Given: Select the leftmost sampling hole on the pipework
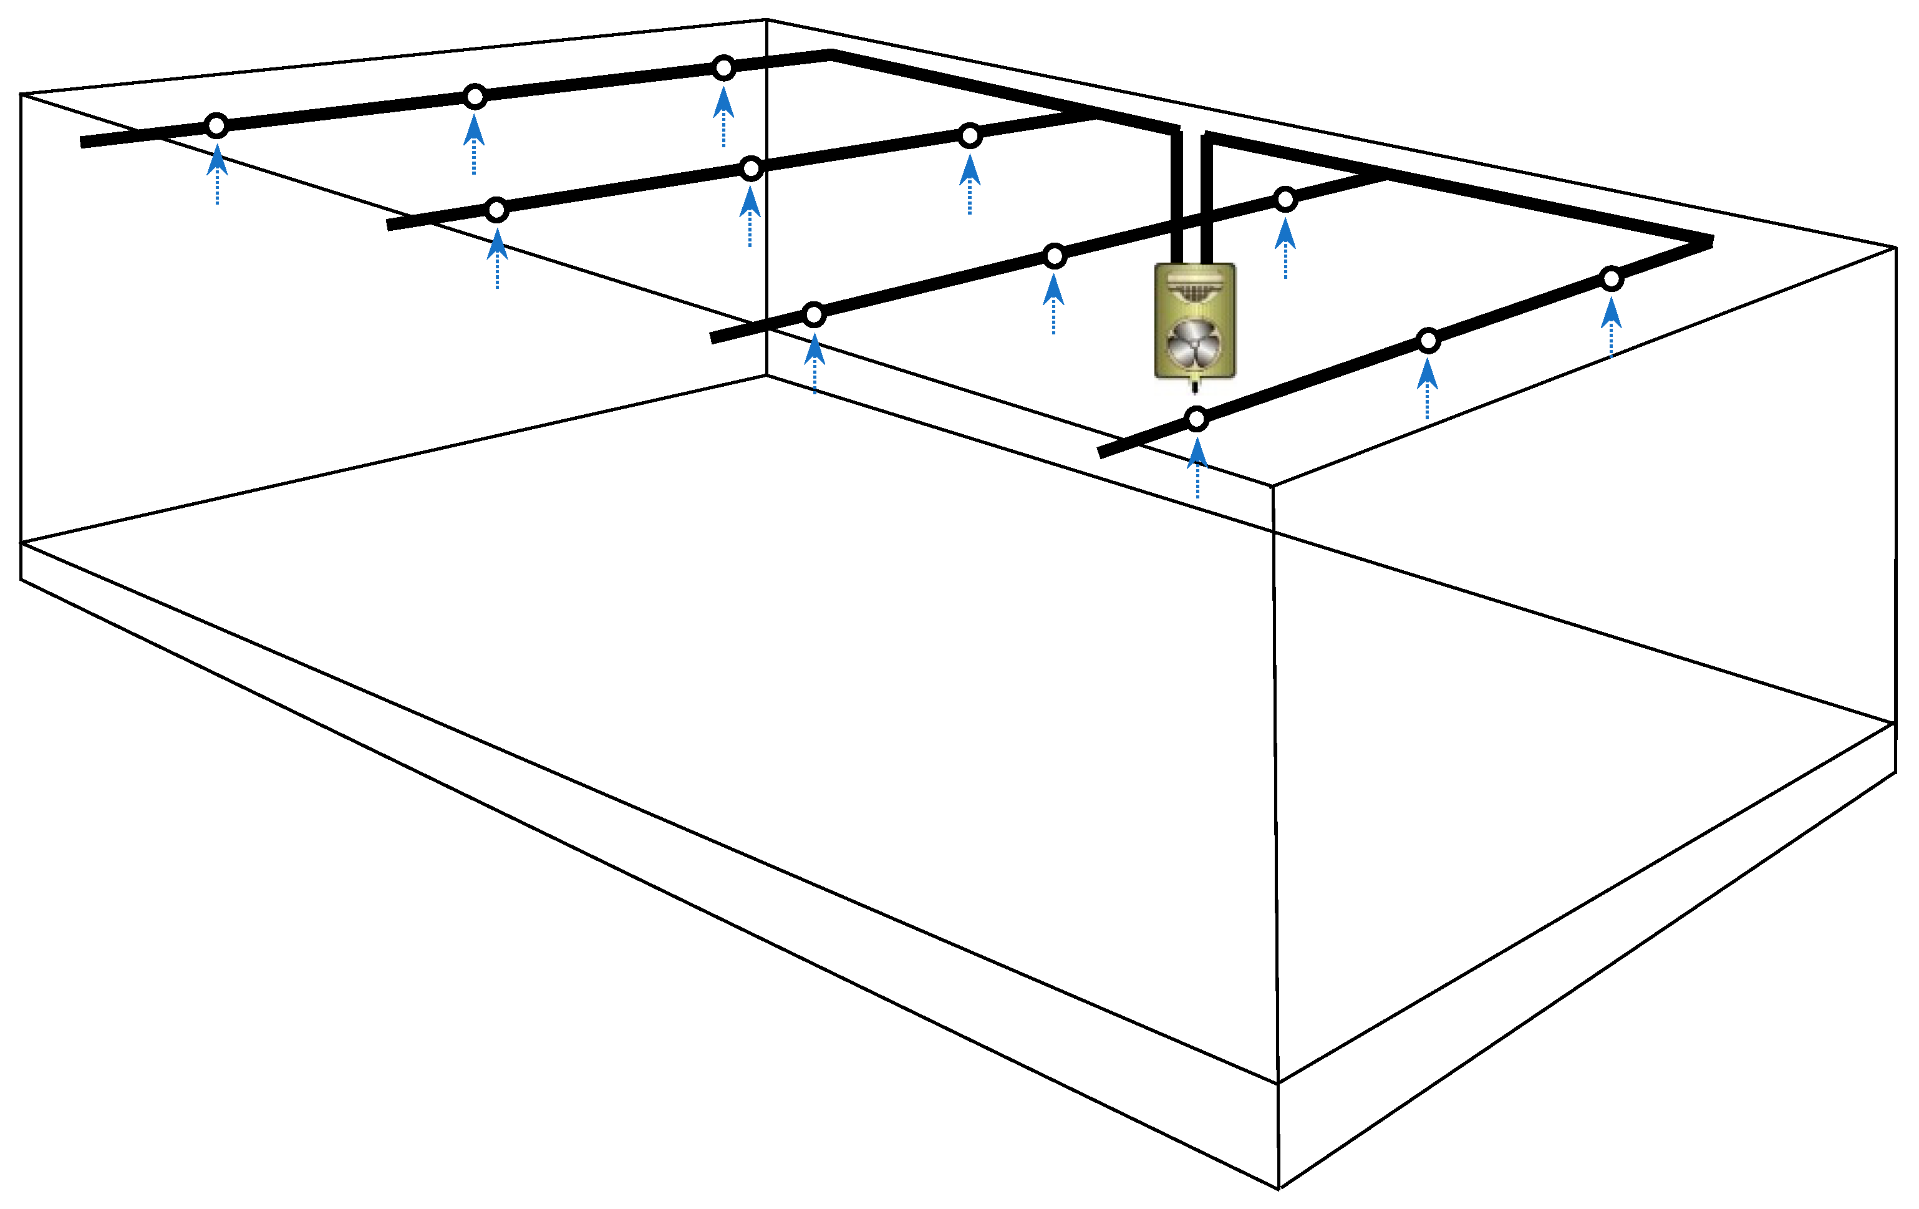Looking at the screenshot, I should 216,126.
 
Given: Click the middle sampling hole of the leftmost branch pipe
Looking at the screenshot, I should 475,97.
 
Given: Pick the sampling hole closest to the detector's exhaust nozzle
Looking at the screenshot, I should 1196,419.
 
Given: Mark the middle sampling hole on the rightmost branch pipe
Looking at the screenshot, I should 1428,341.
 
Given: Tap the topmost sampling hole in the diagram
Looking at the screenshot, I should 723,69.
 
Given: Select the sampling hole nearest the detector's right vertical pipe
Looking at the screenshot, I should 1285,199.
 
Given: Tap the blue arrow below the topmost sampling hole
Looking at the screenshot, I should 723,115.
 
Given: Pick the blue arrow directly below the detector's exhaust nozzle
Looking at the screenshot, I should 1197,465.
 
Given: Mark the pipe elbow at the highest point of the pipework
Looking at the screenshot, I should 830,54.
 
